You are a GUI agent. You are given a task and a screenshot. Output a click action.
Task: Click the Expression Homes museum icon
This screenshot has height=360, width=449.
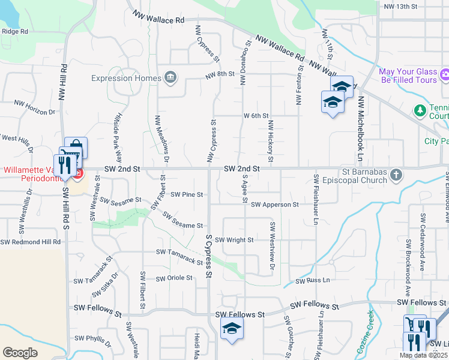pos(170,77)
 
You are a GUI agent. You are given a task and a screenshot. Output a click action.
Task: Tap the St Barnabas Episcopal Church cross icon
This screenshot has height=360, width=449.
pos(395,175)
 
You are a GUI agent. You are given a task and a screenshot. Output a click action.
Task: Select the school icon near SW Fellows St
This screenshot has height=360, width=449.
pos(232,328)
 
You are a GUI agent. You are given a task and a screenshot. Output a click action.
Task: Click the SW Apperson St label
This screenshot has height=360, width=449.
pos(274,205)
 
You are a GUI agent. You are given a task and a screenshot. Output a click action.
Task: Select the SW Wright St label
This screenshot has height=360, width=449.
pos(234,240)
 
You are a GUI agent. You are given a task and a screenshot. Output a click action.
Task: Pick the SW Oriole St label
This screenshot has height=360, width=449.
pos(174,278)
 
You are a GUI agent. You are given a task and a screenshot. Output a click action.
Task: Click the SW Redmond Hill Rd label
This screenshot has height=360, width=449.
pos(31,242)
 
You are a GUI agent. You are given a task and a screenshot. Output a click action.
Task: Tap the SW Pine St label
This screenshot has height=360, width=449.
pos(187,194)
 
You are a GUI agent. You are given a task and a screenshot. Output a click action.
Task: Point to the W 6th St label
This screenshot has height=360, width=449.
pos(256,115)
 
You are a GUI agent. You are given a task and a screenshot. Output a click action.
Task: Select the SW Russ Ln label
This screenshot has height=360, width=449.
pos(310,280)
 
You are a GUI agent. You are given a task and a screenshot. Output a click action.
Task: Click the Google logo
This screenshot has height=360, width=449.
pos(20,353)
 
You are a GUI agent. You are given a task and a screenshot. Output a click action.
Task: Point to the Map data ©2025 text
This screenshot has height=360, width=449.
pos(423,355)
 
